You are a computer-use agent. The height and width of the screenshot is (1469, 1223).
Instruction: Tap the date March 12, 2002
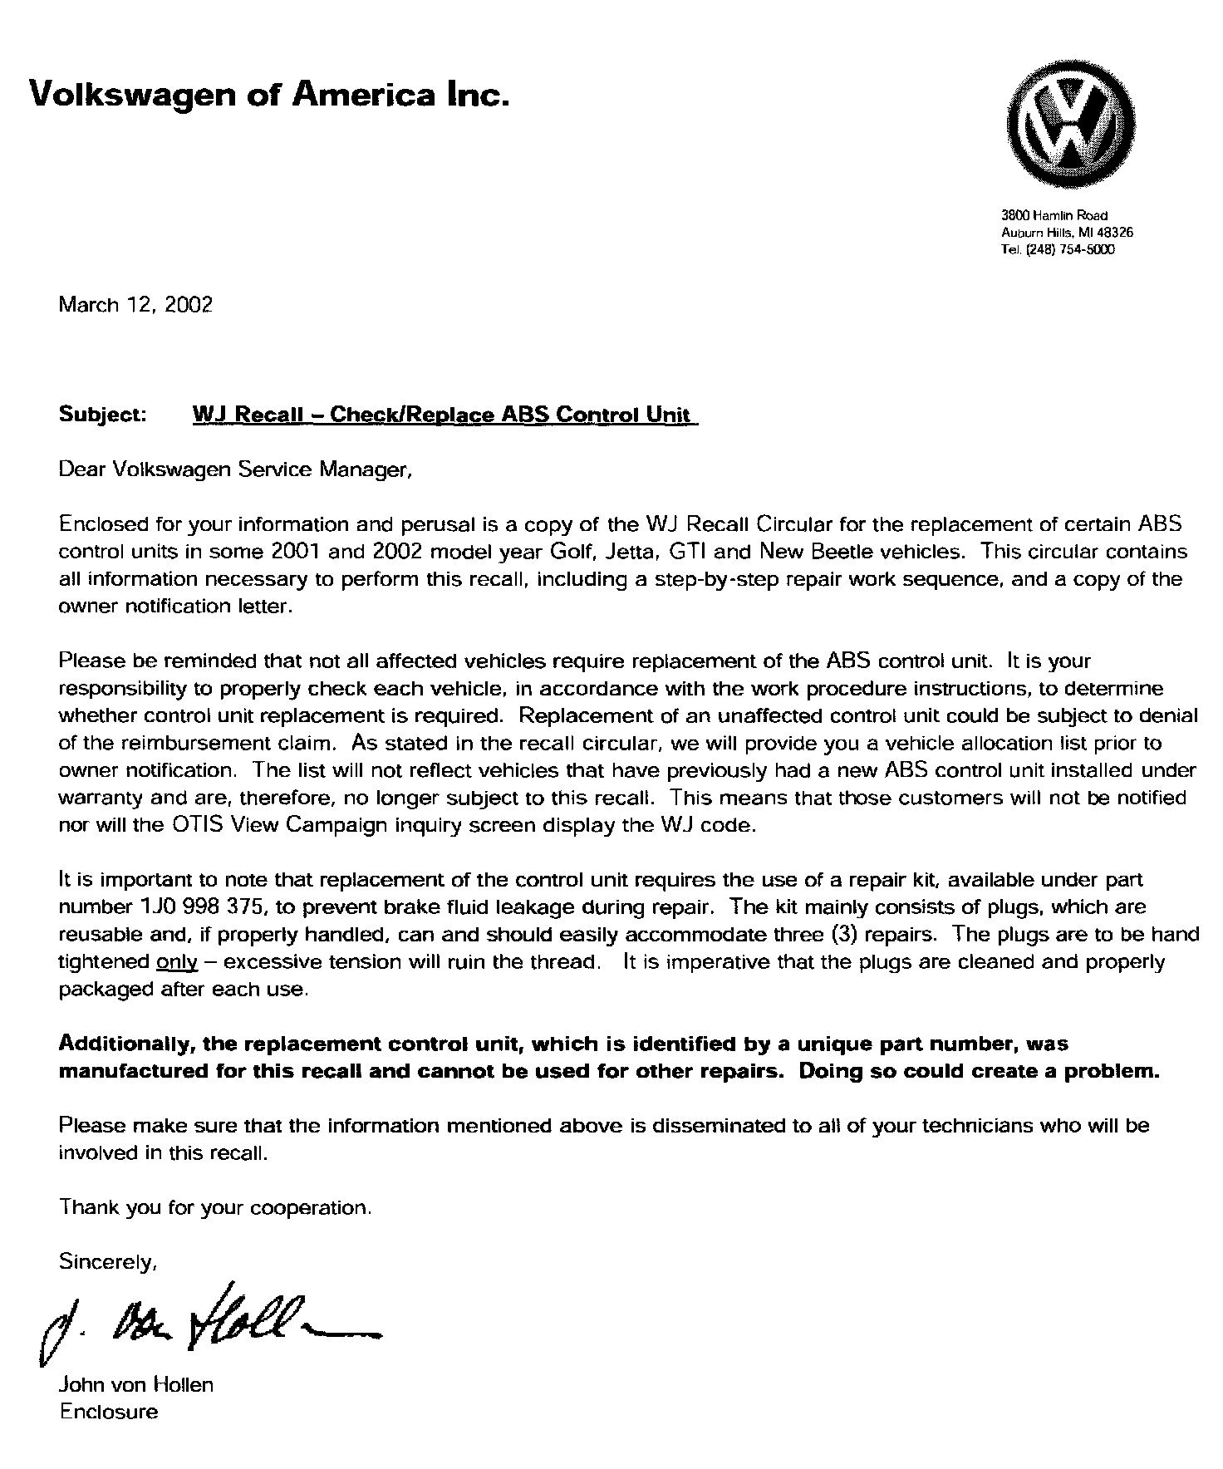click(135, 305)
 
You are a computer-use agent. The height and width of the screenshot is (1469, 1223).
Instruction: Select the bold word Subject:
click(103, 414)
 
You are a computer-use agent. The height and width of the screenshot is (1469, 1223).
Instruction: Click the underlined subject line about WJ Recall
click(445, 415)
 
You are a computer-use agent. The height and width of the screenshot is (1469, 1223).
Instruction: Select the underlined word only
click(176, 963)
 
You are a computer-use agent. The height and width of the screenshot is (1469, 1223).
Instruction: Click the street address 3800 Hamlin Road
click(1055, 216)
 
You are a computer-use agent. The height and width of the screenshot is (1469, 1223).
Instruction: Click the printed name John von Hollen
click(136, 1384)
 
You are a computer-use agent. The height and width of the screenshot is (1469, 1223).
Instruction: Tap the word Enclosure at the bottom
click(108, 1412)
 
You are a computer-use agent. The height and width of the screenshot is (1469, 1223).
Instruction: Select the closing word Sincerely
click(108, 1262)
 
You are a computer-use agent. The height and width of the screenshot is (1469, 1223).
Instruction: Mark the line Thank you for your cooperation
click(215, 1207)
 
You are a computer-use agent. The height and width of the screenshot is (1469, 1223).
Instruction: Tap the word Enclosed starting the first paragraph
click(102, 524)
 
